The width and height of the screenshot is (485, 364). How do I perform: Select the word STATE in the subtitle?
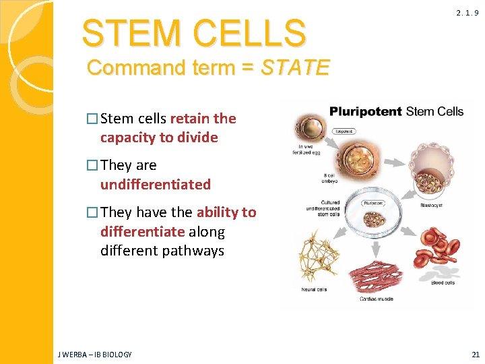(295, 68)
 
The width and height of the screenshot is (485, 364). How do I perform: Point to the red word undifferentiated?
(156, 184)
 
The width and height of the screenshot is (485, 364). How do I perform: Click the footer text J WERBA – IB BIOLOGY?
(94, 355)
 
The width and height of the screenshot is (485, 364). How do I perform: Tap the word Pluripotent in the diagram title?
(366, 111)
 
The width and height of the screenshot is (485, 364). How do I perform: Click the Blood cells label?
(442, 282)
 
